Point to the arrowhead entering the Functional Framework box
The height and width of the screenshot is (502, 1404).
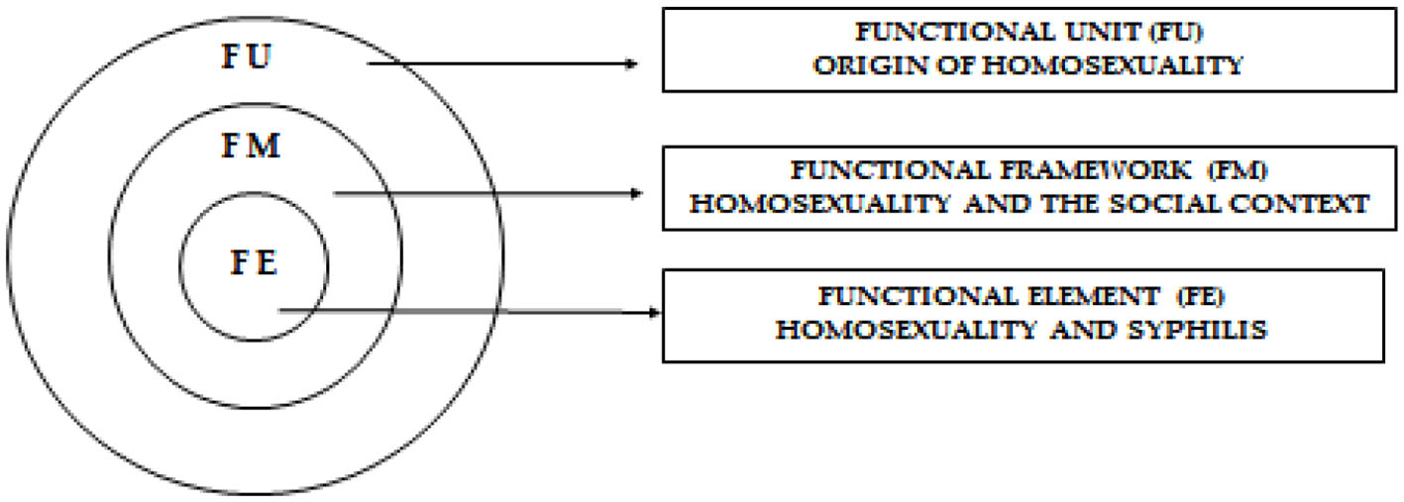[x=637, y=193]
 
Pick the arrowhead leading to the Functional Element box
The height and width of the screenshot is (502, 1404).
[x=653, y=312]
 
